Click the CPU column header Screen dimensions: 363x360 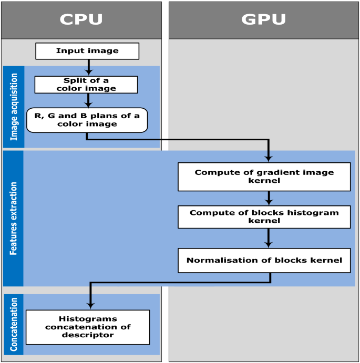81,20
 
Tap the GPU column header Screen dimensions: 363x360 264,20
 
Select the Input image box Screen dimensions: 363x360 87,51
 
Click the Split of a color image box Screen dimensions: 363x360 86,85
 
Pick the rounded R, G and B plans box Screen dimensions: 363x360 87,120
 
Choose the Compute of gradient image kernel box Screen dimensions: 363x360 264,177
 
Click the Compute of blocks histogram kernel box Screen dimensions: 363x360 264,217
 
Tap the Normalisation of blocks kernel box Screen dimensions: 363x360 264,261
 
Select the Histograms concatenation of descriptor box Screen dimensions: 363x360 87,327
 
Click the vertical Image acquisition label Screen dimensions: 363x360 14,107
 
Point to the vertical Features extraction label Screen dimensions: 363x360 14,219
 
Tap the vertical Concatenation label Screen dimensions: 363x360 14,324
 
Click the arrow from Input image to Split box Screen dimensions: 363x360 89,67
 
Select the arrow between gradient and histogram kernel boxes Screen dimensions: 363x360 269,198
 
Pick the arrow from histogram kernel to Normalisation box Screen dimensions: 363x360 269,238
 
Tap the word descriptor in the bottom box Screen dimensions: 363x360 87,335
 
